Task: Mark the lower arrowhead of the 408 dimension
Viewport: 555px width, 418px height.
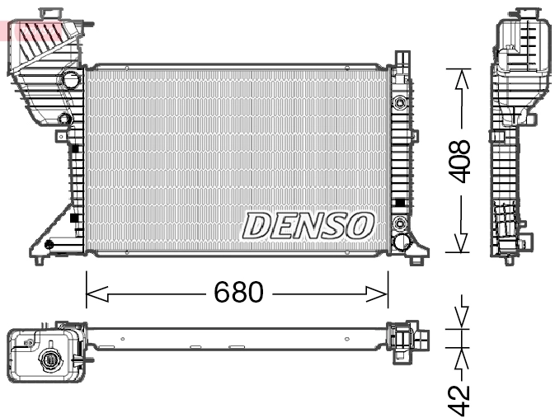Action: [x=461, y=244]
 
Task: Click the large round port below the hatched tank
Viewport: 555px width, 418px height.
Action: [x=71, y=81]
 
